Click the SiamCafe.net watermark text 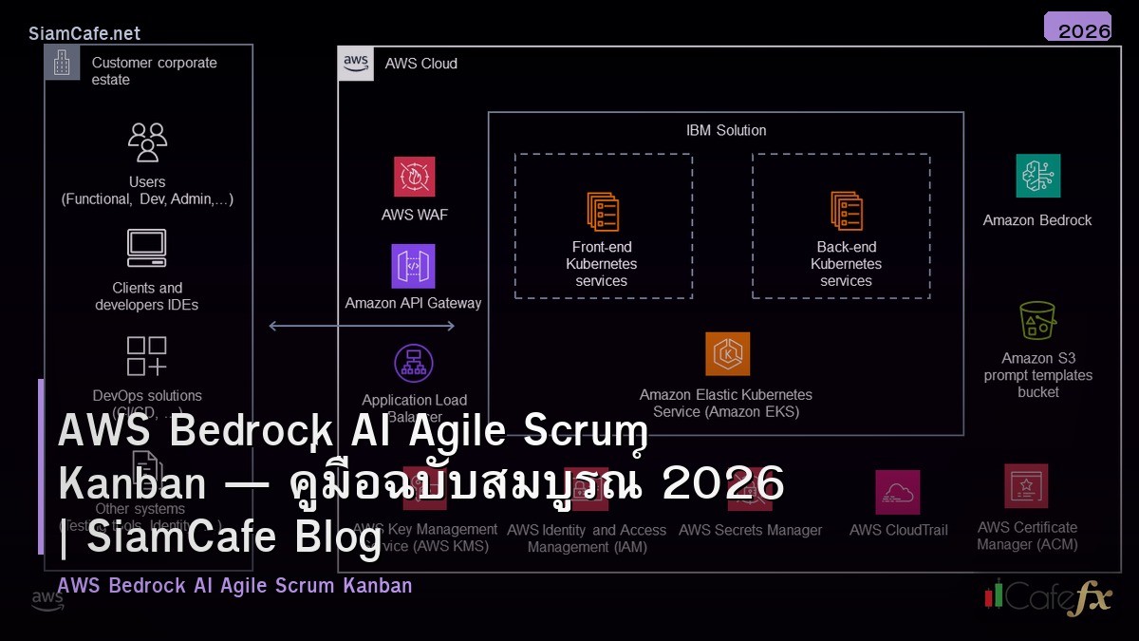click(84, 33)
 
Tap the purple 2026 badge click(1077, 28)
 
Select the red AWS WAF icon click(415, 177)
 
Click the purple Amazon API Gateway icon click(413, 266)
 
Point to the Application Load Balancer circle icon click(414, 364)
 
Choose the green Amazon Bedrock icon click(1037, 176)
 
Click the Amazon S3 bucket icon click(1037, 321)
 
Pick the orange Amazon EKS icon click(727, 353)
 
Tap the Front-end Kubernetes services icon click(603, 212)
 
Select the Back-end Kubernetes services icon click(847, 212)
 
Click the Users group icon click(147, 142)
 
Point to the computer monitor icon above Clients click(147, 248)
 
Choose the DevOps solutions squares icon click(147, 356)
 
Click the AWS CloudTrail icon click(897, 492)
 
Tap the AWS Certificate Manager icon click(1026, 486)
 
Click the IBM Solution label click(726, 130)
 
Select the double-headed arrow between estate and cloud click(362, 326)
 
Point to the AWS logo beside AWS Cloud click(356, 64)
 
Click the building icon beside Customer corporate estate click(62, 63)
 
